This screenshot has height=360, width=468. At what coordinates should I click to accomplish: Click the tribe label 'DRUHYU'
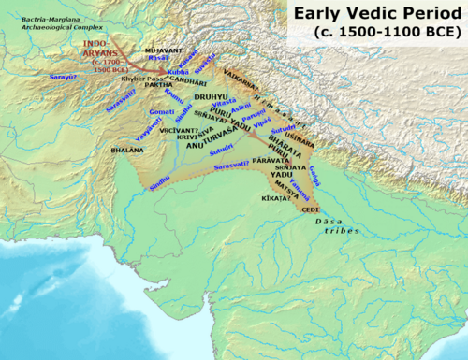click(212, 96)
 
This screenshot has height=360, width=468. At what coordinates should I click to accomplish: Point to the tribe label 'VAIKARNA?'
click(248, 68)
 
